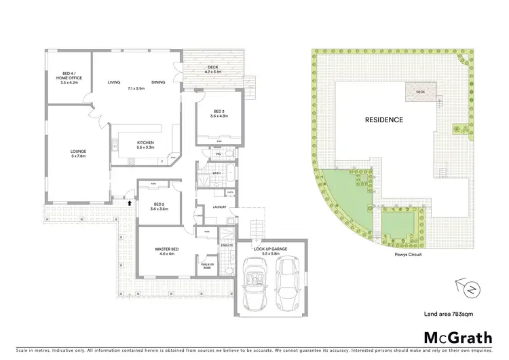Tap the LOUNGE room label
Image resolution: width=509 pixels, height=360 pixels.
click(79, 154)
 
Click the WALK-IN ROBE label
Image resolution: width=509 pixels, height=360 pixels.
click(207, 266)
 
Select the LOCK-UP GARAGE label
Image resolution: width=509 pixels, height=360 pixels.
click(270, 251)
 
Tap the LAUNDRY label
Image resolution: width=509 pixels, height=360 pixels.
click(218, 207)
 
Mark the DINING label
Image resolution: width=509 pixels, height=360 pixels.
click(158, 82)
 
